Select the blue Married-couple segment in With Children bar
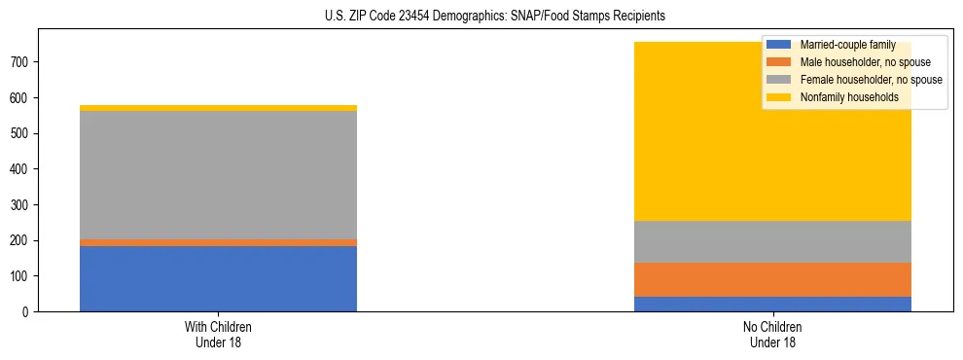coord(218,278)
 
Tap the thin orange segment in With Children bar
coord(218,242)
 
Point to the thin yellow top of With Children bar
coord(218,108)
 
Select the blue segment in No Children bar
coord(772,304)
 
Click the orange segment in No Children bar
coord(772,279)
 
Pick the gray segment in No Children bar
coord(772,241)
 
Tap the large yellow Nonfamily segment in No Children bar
coord(772,146)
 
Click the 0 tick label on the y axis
coord(28,312)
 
